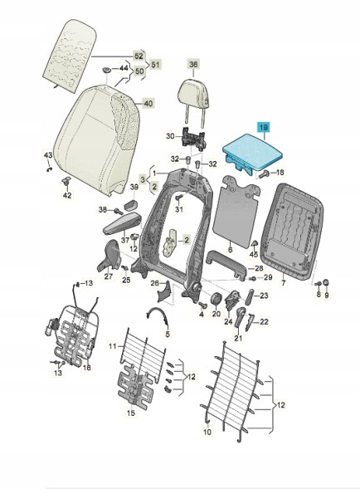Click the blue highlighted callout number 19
264,127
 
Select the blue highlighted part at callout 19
252,152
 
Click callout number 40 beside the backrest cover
148,103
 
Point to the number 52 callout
139,56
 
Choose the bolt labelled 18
265,174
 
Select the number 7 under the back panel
284,283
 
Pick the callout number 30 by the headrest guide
170,136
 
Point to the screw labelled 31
179,198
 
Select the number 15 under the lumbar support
131,413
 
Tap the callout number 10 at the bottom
207,432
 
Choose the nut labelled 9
326,282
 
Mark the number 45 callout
254,254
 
